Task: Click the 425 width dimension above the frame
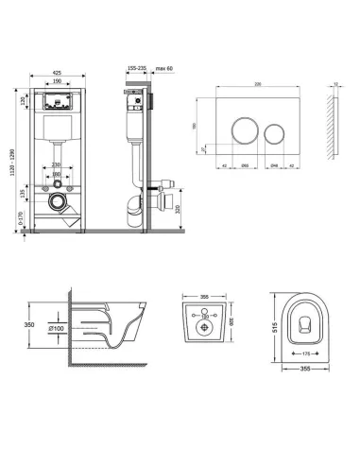point(59,72)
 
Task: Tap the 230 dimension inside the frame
point(59,167)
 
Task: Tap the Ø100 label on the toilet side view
point(60,328)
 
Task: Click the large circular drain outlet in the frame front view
point(60,201)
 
